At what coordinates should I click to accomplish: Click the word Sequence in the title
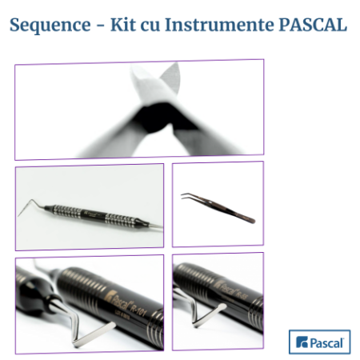(49, 25)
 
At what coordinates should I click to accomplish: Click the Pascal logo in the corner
(319, 342)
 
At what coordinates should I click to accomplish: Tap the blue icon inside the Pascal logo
(302, 343)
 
